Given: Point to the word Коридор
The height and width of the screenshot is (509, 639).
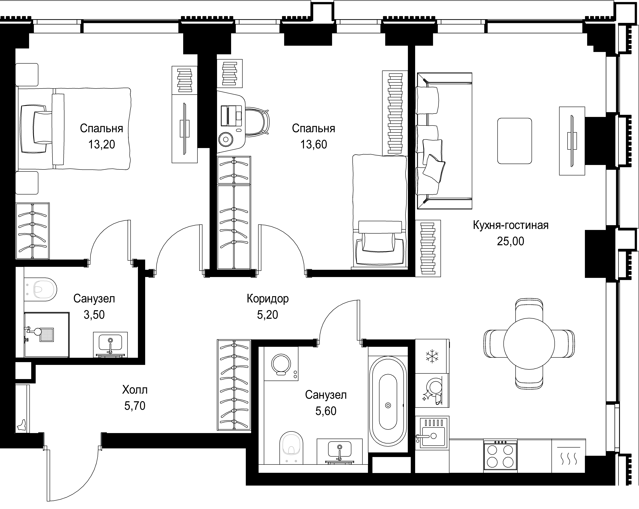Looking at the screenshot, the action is tap(268, 299).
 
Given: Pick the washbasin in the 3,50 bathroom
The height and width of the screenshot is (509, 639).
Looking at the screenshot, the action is tap(110, 344).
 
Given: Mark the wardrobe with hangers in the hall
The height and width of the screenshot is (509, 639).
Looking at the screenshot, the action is tap(234, 385).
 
